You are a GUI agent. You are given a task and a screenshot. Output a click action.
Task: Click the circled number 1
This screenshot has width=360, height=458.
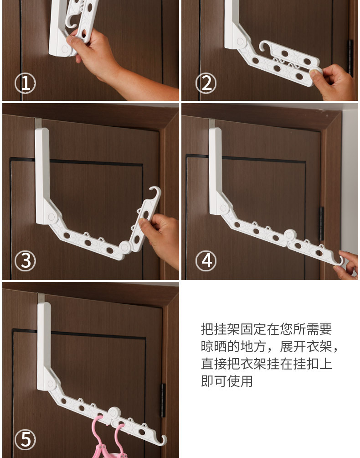pyautogui.click(x=26, y=83)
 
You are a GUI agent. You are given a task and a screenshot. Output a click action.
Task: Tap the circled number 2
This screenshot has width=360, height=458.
pyautogui.click(x=206, y=83)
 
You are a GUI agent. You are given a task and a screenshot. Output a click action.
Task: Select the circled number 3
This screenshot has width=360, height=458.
pyautogui.click(x=26, y=261)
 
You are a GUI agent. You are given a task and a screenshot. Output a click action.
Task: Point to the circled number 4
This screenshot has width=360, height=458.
pyautogui.click(x=206, y=261)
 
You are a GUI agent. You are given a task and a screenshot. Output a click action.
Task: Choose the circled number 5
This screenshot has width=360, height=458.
pyautogui.click(x=26, y=439)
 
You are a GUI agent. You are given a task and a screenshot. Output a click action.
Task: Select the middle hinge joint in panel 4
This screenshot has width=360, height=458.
pyautogui.click(x=290, y=235)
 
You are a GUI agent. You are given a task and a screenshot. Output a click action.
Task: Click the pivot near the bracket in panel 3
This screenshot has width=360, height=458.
pyautogui.click(x=51, y=217)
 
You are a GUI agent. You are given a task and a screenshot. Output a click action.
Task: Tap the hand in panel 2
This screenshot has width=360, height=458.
pyautogui.click(x=334, y=82)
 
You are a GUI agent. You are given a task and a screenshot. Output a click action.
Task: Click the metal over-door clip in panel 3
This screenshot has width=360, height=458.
pyautogui.click(x=38, y=123)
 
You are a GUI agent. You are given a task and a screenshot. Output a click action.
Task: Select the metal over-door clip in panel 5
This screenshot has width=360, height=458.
pyautogui.click(x=41, y=298)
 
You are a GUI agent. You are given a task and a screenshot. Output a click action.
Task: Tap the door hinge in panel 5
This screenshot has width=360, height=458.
pyautogui.click(x=163, y=400)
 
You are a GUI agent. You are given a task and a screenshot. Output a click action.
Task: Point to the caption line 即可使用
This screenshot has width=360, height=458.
pyautogui.click(x=226, y=381)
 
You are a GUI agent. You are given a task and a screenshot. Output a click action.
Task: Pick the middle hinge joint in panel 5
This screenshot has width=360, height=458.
pyautogui.click(x=114, y=413)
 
